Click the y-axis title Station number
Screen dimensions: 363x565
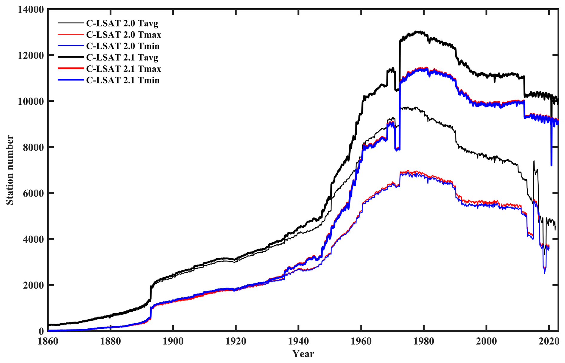(10, 170)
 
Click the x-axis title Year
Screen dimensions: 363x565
(303, 354)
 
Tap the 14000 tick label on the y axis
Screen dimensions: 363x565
(31, 10)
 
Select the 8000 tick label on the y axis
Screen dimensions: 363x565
(33, 147)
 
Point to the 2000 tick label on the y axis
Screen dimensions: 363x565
(33, 285)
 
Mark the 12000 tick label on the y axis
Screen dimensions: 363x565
(31, 55)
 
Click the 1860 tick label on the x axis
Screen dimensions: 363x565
(48, 341)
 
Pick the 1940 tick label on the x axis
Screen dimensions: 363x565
(298, 341)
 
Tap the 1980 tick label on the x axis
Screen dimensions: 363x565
(424, 341)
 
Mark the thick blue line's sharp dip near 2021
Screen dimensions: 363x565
(551, 165)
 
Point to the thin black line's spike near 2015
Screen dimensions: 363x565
(534, 161)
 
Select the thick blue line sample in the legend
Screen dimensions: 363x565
(70, 80)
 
